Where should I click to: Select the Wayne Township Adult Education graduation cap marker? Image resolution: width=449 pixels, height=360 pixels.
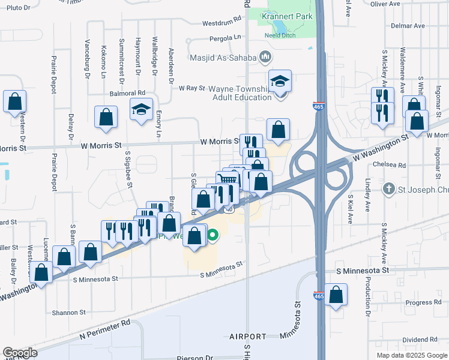[280, 82]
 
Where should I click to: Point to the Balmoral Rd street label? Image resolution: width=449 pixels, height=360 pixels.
[128, 93]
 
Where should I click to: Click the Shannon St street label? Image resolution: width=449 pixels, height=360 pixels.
[69, 313]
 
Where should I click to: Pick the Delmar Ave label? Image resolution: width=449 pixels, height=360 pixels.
[408, 26]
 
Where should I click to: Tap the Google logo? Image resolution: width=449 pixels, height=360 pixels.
[20, 353]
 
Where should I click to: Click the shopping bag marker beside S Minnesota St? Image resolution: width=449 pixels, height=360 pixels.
[336, 295]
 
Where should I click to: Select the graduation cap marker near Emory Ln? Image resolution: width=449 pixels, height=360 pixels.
[142, 110]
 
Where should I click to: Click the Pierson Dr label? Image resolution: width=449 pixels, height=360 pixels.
[195, 358]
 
